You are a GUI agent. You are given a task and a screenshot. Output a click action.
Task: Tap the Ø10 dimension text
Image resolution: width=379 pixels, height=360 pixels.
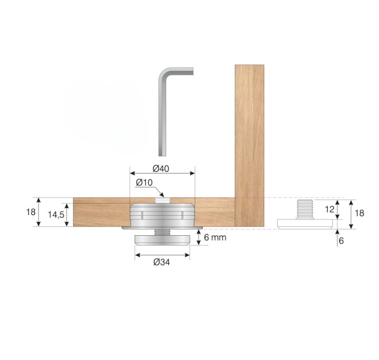click(143, 182)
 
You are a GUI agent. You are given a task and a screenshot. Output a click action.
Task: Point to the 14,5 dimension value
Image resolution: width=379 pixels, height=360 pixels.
click(56, 214)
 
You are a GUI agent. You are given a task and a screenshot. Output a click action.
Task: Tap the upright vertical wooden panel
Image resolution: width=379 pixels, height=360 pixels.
click(249, 143)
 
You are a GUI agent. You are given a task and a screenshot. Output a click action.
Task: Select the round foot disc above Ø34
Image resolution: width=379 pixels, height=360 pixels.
click(162, 240)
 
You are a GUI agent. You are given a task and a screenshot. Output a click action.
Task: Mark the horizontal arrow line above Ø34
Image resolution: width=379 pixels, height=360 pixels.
click(162, 255)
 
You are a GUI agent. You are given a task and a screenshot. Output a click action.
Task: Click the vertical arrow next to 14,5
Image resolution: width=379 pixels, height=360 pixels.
click(68, 215)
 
